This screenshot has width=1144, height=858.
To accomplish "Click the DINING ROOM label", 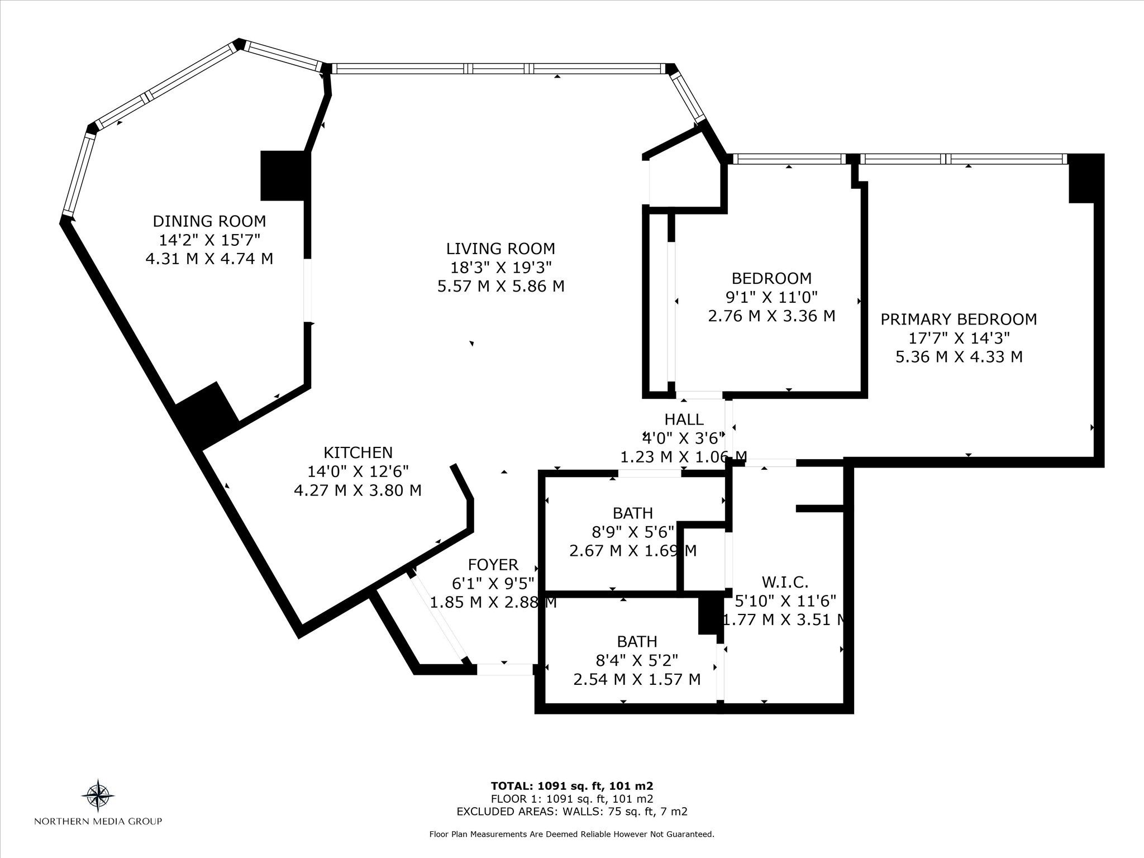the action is (x=209, y=221).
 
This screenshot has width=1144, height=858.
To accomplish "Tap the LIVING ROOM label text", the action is (x=500, y=249).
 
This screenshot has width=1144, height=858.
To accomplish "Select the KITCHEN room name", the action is (x=358, y=452).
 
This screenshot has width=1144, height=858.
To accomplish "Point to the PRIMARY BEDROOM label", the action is (x=959, y=320).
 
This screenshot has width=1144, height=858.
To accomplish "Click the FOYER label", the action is (x=493, y=565).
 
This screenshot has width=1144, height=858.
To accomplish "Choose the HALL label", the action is (x=684, y=419).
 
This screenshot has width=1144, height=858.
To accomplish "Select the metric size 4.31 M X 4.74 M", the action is (x=209, y=259).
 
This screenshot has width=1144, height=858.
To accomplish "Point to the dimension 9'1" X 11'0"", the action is (x=771, y=297).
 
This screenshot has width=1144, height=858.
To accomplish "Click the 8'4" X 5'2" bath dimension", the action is (x=637, y=661).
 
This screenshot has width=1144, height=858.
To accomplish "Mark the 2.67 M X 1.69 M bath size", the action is (x=633, y=551).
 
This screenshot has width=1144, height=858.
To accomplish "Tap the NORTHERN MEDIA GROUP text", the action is (x=98, y=821).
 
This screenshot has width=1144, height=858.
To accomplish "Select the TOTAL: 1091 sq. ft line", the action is (x=572, y=785).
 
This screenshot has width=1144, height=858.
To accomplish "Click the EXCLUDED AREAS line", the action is (x=572, y=812).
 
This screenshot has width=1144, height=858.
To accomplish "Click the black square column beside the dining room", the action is (x=285, y=175).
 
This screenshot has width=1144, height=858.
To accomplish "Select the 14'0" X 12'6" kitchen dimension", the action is (x=358, y=471).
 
